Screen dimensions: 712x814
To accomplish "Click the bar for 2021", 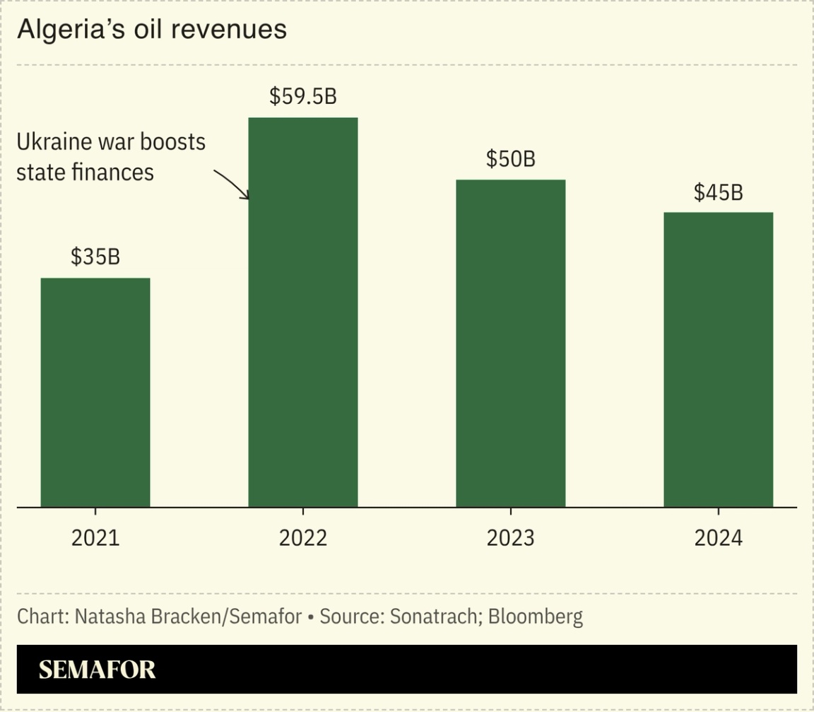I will tap(95, 392).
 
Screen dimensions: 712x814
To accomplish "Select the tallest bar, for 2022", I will tap(303, 312).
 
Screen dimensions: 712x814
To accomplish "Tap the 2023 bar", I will tap(511, 343).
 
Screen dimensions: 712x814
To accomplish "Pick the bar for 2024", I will tap(718, 359).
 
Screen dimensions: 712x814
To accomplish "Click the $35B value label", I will tap(95, 257).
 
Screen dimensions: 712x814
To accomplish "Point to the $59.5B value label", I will tap(303, 96).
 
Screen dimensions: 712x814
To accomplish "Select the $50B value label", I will tap(511, 159).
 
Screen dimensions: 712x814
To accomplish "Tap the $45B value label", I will tap(718, 192).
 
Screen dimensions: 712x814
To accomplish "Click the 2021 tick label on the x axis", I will tap(95, 538).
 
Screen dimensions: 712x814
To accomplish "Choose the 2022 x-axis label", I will tap(303, 538).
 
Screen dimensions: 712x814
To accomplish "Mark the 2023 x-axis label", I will tap(511, 538).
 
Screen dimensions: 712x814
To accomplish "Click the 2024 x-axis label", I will tap(718, 538).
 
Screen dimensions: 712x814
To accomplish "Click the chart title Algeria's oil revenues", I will tap(151, 30).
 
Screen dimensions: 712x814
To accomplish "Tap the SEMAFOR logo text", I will tap(97, 670).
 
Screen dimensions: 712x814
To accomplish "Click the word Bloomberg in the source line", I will tap(536, 617).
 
